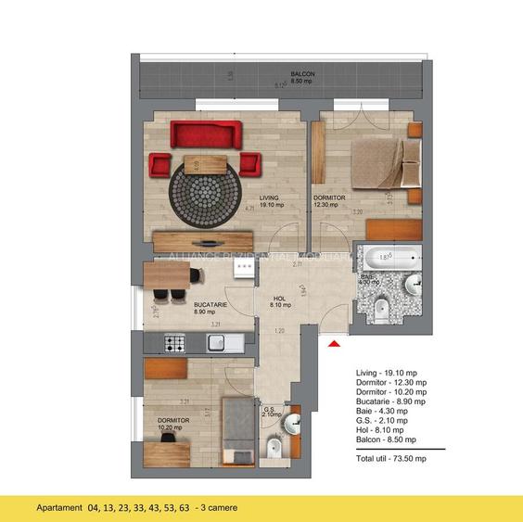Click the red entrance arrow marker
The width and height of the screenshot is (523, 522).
point(336,345)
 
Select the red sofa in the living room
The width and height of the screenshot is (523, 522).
point(206,136)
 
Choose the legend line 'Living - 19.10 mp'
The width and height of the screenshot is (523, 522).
point(390,372)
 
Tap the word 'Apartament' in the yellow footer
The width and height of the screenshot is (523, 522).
point(59,508)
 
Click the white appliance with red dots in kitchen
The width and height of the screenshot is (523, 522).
point(244,268)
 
